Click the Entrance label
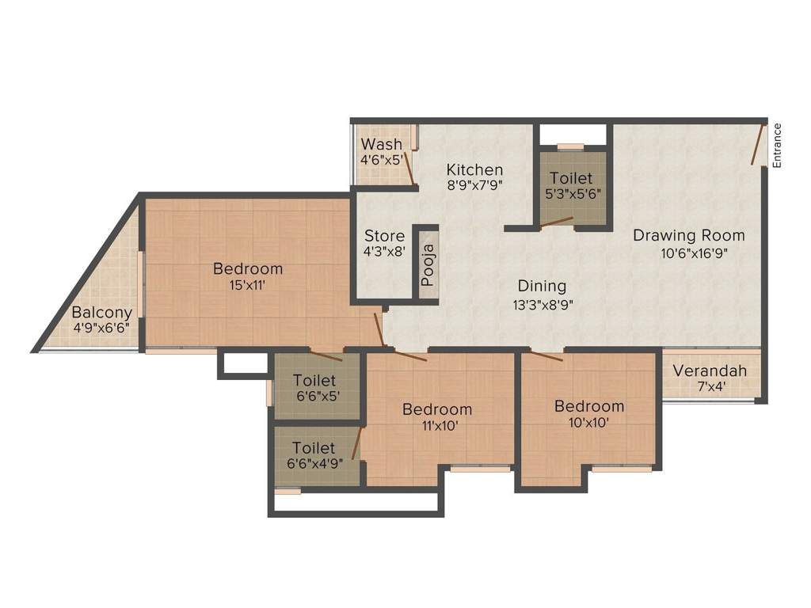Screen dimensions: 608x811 pos(777,144)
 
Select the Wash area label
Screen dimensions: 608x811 pos(381,144)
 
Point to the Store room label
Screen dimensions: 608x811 pos(384,236)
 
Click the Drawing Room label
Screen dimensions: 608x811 pos(688,235)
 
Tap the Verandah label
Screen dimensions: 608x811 pos(710,370)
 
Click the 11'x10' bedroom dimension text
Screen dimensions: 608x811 pos(437,425)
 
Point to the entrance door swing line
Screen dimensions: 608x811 pos(759,143)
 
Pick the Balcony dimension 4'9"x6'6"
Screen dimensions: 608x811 pos(101,327)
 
